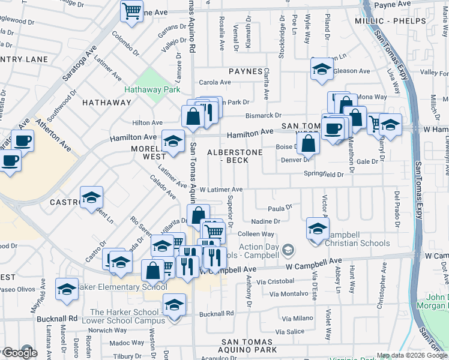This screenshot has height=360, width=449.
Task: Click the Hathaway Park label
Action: coord(152,89)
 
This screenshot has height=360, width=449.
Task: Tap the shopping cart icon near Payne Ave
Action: coord(131,10)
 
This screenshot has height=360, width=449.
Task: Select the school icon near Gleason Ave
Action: coord(322,70)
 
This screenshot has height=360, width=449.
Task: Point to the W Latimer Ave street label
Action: coord(221,189)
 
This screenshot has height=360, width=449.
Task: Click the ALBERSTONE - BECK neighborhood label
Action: coord(235,157)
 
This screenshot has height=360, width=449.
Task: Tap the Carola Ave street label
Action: coord(215,82)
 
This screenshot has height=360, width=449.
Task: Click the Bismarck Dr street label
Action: coord(263,115)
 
